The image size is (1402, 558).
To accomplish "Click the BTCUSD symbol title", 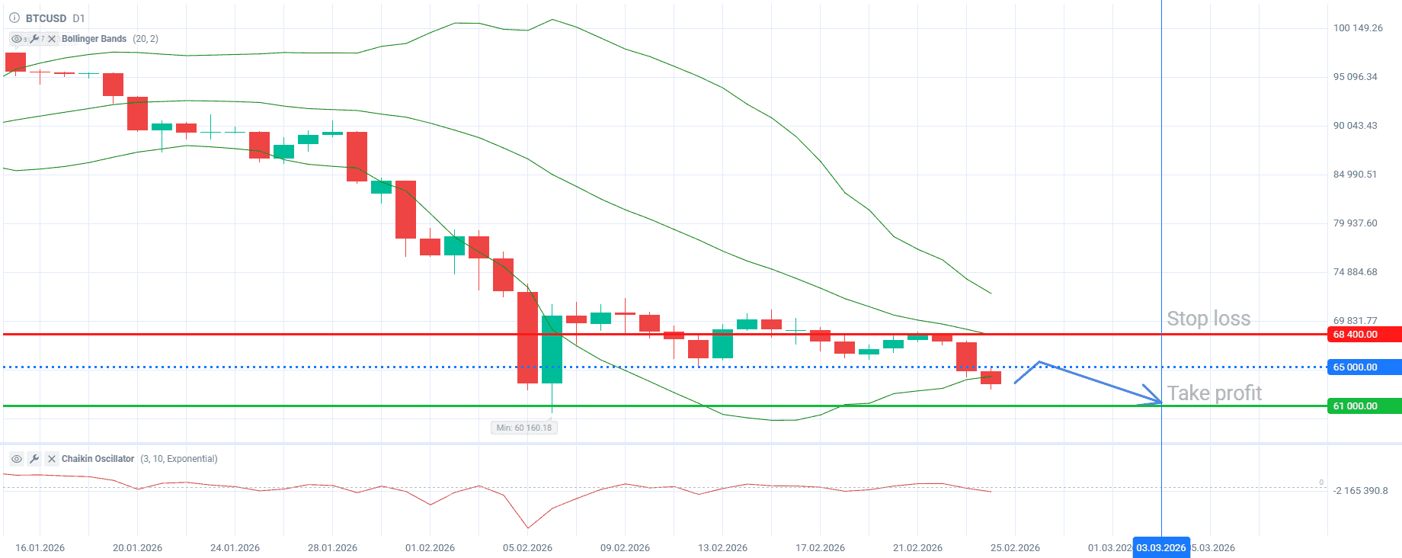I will [x=46, y=18].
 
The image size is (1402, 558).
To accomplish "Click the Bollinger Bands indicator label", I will [x=94, y=39].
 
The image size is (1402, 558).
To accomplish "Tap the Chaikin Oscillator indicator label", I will [x=98, y=459].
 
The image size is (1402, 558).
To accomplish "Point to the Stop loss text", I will [x=1208, y=319].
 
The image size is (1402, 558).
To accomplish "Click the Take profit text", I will [x=1215, y=393].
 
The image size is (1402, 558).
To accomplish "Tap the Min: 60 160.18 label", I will [x=524, y=428].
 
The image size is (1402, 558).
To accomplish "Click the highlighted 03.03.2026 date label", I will [x=1160, y=548].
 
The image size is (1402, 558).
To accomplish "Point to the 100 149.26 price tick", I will [x=1358, y=28].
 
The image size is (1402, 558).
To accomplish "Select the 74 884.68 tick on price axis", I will [x=1355, y=272].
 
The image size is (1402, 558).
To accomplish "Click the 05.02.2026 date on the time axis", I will [x=527, y=548].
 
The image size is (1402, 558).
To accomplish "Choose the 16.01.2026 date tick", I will [x=40, y=548].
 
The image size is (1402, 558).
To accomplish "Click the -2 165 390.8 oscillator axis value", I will [x=1360, y=491].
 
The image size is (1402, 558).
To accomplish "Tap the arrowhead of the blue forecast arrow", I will [x=1157, y=399].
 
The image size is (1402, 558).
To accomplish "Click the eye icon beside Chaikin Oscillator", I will [x=17, y=459].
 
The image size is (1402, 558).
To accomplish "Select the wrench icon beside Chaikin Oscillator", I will [x=34, y=459].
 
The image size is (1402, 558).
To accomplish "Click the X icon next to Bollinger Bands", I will [x=52, y=39].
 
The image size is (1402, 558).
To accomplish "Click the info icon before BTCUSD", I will [x=14, y=18].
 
